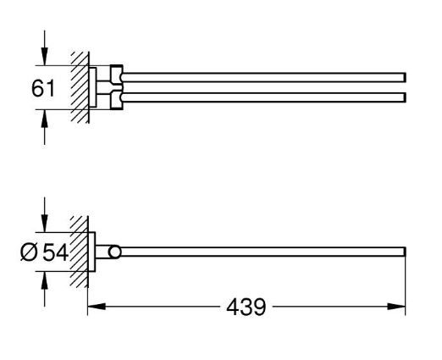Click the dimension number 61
tap(43, 88)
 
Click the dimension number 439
tap(246, 307)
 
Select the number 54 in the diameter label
tap(55, 252)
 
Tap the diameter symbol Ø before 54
tap(29, 252)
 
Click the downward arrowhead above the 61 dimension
tap(44, 56)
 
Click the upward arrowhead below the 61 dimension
tap(44, 119)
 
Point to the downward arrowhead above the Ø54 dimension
tap(44, 223)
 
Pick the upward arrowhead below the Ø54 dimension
tap(44, 280)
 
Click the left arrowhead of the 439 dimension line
tap(97, 307)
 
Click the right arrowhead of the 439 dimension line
tap(396, 307)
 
